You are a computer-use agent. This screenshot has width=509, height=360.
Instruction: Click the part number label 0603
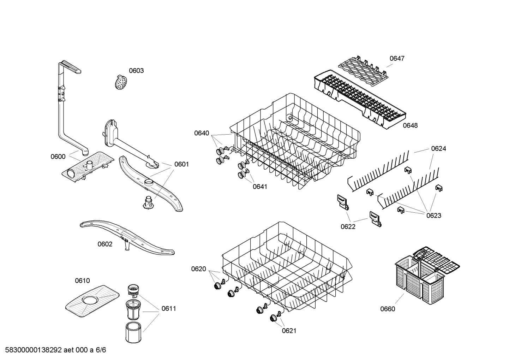click(136, 71)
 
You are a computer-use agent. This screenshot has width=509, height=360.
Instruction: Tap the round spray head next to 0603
click(121, 82)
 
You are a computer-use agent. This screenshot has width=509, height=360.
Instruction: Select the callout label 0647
click(397, 58)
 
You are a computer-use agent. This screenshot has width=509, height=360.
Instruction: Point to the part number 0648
click(410, 125)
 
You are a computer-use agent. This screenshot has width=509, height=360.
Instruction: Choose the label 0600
click(58, 157)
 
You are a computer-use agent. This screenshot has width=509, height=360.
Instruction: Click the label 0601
click(181, 164)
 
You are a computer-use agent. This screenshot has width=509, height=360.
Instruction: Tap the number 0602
click(105, 244)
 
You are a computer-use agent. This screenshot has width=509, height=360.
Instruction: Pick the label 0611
click(169, 308)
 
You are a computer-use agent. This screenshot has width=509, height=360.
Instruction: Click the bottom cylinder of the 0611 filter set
click(133, 332)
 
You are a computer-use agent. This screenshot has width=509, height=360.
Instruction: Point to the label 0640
click(202, 133)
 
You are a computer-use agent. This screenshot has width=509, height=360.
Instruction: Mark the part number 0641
click(260, 187)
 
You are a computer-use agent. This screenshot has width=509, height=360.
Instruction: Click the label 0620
click(198, 269)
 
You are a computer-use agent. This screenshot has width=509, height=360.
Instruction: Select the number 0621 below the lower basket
click(289, 331)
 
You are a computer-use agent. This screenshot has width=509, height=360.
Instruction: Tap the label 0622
click(348, 226)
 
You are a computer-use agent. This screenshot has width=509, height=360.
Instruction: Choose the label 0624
click(438, 149)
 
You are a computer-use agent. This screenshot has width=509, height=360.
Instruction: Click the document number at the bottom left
click(53, 350)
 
